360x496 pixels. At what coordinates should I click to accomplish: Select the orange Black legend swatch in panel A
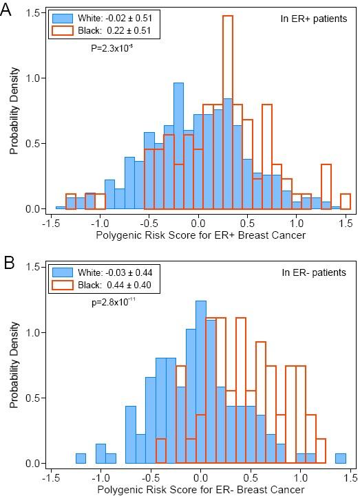(x=66, y=31)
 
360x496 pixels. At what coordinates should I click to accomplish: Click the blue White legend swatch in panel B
(x=66, y=272)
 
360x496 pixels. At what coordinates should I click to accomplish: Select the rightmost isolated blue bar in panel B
(x=341, y=458)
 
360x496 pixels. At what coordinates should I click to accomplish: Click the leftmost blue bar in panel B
(x=81, y=458)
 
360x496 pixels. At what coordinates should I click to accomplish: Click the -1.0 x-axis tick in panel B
(x=101, y=475)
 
